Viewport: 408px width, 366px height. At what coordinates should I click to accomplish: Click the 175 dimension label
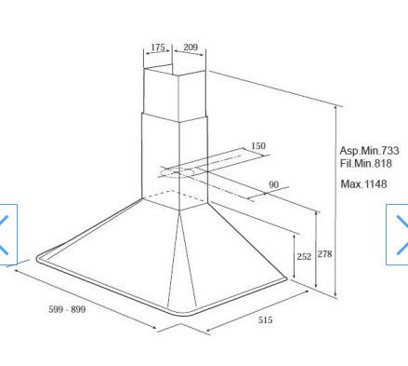pyautogui.click(x=158, y=47)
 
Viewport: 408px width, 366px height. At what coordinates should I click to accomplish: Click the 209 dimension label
pyautogui.click(x=191, y=47)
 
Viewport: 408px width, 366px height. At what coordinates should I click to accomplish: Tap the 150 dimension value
pyautogui.click(x=258, y=146)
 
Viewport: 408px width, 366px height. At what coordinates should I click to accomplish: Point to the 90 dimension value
pyautogui.click(x=273, y=184)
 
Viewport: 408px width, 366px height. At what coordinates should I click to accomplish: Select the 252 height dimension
pyautogui.click(x=304, y=257)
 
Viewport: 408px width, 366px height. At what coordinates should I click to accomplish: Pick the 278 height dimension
pyautogui.click(x=324, y=254)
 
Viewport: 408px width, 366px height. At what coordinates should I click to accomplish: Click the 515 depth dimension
pyautogui.click(x=266, y=319)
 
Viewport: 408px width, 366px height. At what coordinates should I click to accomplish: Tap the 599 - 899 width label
pyautogui.click(x=67, y=309)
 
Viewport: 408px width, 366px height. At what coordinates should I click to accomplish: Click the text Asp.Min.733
pyautogui.click(x=369, y=151)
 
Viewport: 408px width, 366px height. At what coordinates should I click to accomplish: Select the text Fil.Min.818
pyautogui.click(x=366, y=163)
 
